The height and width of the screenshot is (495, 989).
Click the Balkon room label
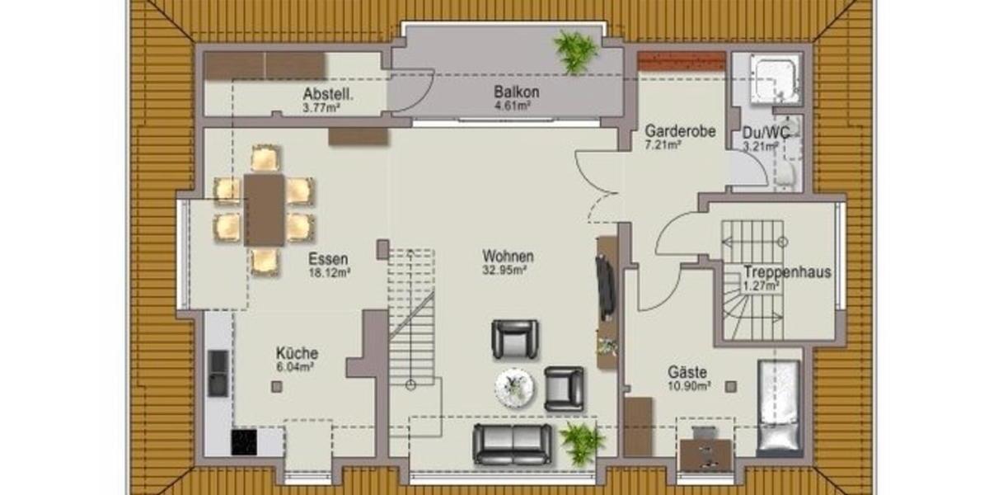[x=511, y=92]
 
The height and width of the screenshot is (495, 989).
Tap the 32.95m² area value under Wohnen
[x=509, y=269]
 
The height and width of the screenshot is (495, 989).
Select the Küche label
[x=297, y=353]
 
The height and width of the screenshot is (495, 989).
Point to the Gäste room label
[x=687, y=373]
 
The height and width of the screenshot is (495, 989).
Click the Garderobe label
[x=679, y=131]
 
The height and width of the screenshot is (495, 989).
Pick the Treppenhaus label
[x=786, y=272]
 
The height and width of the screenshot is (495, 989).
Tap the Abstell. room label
[x=327, y=93]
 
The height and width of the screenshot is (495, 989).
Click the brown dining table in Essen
[x=264, y=210]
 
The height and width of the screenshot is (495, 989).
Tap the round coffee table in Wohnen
[x=517, y=386]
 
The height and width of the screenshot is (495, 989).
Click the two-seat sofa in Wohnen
[x=513, y=444]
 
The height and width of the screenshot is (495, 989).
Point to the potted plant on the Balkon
[x=575, y=50]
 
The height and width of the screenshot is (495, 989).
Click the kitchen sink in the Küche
[x=218, y=373]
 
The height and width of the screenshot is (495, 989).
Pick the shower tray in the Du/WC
[x=773, y=77]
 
